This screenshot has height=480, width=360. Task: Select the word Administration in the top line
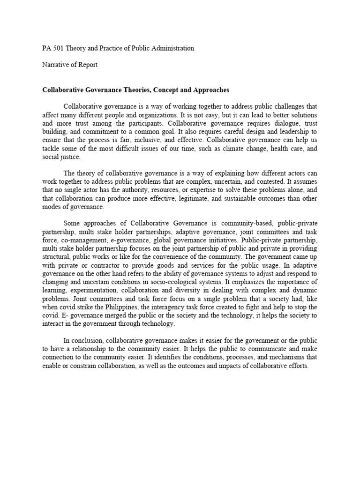(x=171, y=48)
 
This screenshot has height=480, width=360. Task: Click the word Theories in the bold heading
(x=137, y=89)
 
